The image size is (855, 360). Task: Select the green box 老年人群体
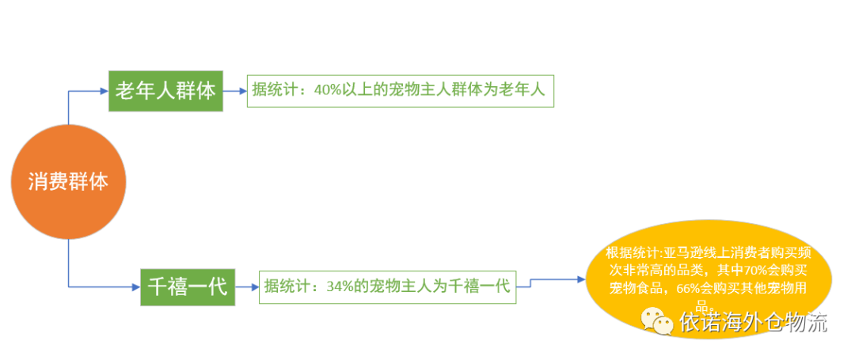(165, 90)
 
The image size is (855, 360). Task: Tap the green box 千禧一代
(188, 286)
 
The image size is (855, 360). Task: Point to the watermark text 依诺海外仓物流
(752, 322)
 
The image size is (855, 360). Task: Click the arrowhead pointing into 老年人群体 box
(104, 91)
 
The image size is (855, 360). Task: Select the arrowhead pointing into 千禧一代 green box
(135, 286)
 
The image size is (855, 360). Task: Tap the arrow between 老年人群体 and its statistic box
(234, 91)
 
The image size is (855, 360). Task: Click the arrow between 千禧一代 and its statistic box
(246, 286)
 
